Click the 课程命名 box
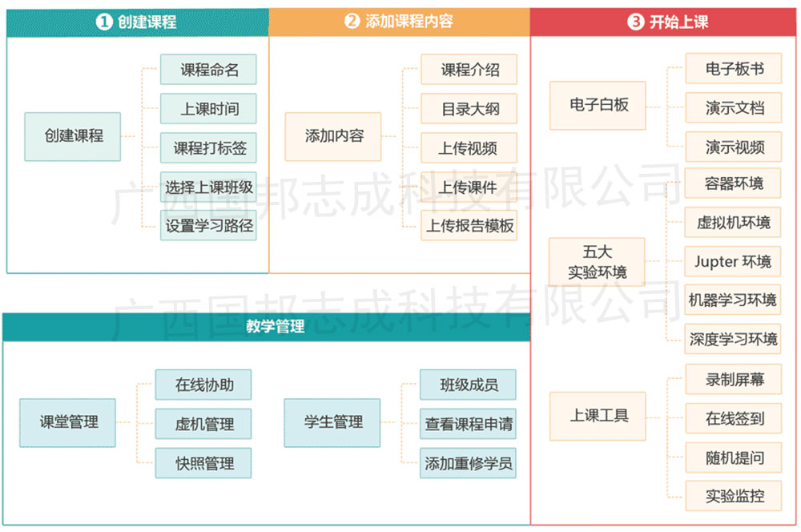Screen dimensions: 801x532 [208, 70]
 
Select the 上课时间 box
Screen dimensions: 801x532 [208, 108]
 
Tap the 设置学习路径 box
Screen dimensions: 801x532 [208, 225]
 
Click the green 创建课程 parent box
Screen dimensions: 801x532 [73, 136]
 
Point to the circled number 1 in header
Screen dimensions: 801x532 [104, 22]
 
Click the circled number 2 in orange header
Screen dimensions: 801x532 [352, 21]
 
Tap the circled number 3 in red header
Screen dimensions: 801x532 [635, 22]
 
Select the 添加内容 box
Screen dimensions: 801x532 [333, 136]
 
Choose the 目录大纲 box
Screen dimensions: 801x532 [469, 108]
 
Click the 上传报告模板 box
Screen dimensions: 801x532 [469, 225]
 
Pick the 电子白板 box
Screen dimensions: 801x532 [598, 105]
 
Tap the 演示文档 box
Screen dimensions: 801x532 [734, 107]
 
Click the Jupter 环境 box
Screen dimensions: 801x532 [733, 261]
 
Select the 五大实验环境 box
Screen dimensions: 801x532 [597, 262]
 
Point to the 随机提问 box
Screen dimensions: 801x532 [734, 457]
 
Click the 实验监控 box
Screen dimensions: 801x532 [734, 496]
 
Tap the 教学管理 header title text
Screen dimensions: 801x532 [276, 326]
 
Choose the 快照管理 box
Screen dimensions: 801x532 [203, 463]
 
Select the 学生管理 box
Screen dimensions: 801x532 [332, 423]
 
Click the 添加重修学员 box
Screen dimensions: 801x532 [468, 463]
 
